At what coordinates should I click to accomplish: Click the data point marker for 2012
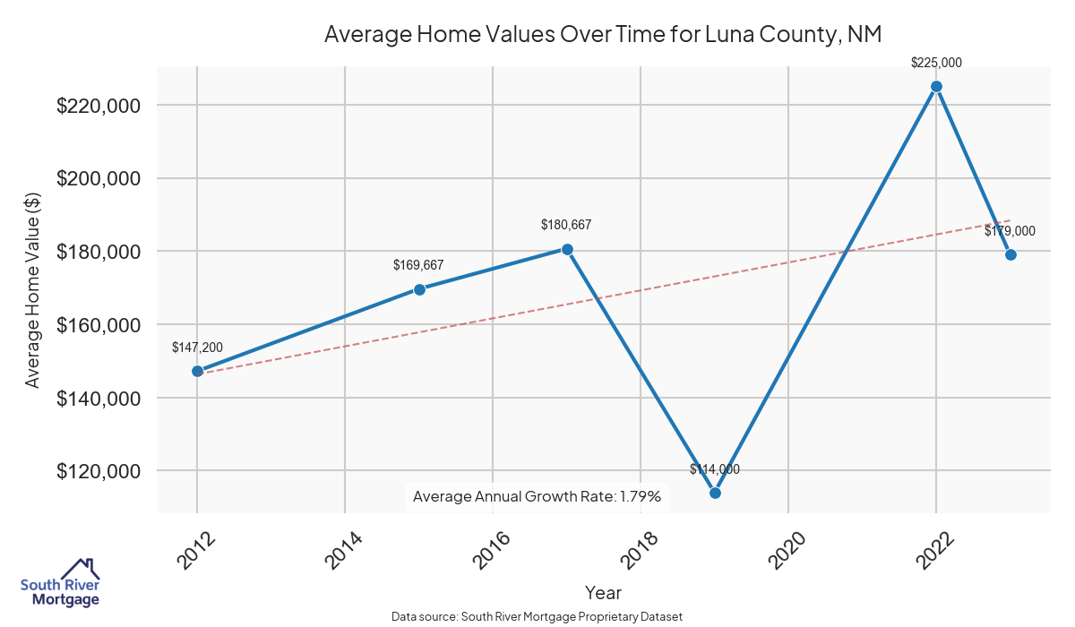[x=197, y=371]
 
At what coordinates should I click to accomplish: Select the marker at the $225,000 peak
[x=936, y=86]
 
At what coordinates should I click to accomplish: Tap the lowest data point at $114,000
[x=715, y=493]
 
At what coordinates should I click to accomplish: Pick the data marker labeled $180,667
[x=567, y=249]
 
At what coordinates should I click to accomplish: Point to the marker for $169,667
[x=419, y=289]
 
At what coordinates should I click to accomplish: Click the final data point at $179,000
[x=1010, y=254]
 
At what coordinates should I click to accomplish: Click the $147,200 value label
[x=197, y=348]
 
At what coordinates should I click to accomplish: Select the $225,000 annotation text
[x=936, y=63]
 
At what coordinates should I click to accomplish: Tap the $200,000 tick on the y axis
[x=99, y=178]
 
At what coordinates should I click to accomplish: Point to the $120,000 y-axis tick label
[x=99, y=471]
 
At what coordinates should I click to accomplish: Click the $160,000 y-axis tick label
[x=99, y=324]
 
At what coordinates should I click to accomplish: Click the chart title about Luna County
[x=603, y=34]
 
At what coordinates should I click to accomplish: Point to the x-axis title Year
[x=603, y=592]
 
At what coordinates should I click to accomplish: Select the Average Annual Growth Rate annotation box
[x=537, y=496]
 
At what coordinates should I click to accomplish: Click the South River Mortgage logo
[x=60, y=583]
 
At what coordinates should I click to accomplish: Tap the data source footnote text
[x=537, y=617]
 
